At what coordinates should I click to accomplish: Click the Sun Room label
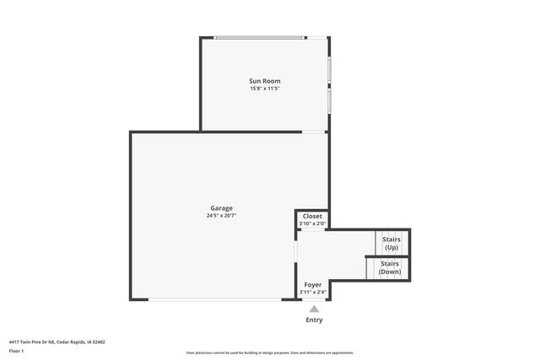click(x=264, y=81)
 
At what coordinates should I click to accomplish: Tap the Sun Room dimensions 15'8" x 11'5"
click(x=264, y=89)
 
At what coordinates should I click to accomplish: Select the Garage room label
click(x=222, y=208)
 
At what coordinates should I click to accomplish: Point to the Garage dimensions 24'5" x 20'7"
click(x=222, y=216)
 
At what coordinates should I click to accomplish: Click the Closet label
click(x=312, y=217)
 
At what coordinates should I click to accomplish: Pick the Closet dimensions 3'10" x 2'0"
click(x=312, y=224)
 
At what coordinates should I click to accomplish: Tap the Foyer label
click(x=312, y=285)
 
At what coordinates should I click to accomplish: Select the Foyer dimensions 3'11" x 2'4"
click(x=312, y=293)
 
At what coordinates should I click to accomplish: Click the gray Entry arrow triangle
click(x=313, y=309)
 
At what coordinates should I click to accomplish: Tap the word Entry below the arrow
click(x=313, y=320)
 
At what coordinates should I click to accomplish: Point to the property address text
click(x=57, y=342)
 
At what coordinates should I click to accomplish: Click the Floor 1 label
click(x=17, y=351)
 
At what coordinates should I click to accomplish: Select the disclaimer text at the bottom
click(x=270, y=352)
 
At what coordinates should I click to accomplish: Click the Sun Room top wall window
click(x=260, y=37)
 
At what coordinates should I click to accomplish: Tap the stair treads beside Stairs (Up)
click(x=380, y=243)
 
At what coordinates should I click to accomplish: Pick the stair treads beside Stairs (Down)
click(x=370, y=268)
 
